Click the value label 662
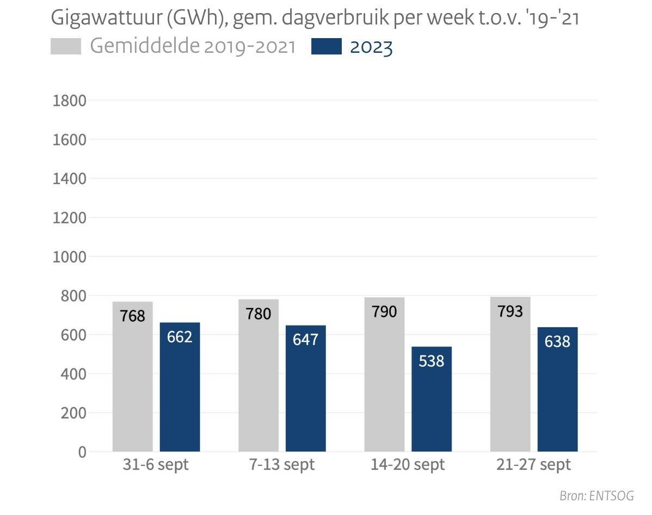[180, 337]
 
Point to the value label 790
[384, 312]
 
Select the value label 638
[557, 341]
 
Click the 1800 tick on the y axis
[69, 101]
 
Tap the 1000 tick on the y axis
[69, 257]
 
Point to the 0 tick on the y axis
[82, 452]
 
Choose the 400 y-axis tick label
[74, 374]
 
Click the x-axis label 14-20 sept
[408, 465]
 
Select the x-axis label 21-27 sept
[533, 465]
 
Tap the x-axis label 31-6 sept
[156, 465]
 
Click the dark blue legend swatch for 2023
[327, 47]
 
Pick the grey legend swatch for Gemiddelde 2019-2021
[65, 47]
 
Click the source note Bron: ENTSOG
[596, 496]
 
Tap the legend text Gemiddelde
[144, 46]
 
